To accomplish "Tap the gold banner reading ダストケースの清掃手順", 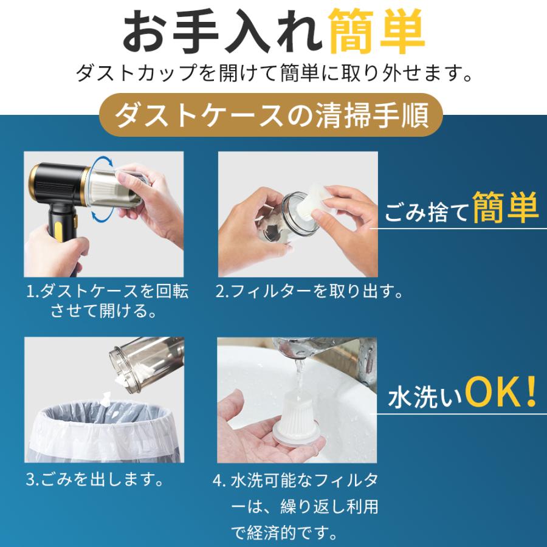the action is pyautogui.click(x=271, y=115).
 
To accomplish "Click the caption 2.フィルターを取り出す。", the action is pyautogui.click(x=309, y=291).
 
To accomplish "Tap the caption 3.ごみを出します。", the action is pyautogui.click(x=95, y=480).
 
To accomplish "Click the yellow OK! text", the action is pyautogui.click(x=501, y=392).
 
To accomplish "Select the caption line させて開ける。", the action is pyautogui.click(x=103, y=310).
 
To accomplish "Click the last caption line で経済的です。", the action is pyautogui.click(x=284, y=532).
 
